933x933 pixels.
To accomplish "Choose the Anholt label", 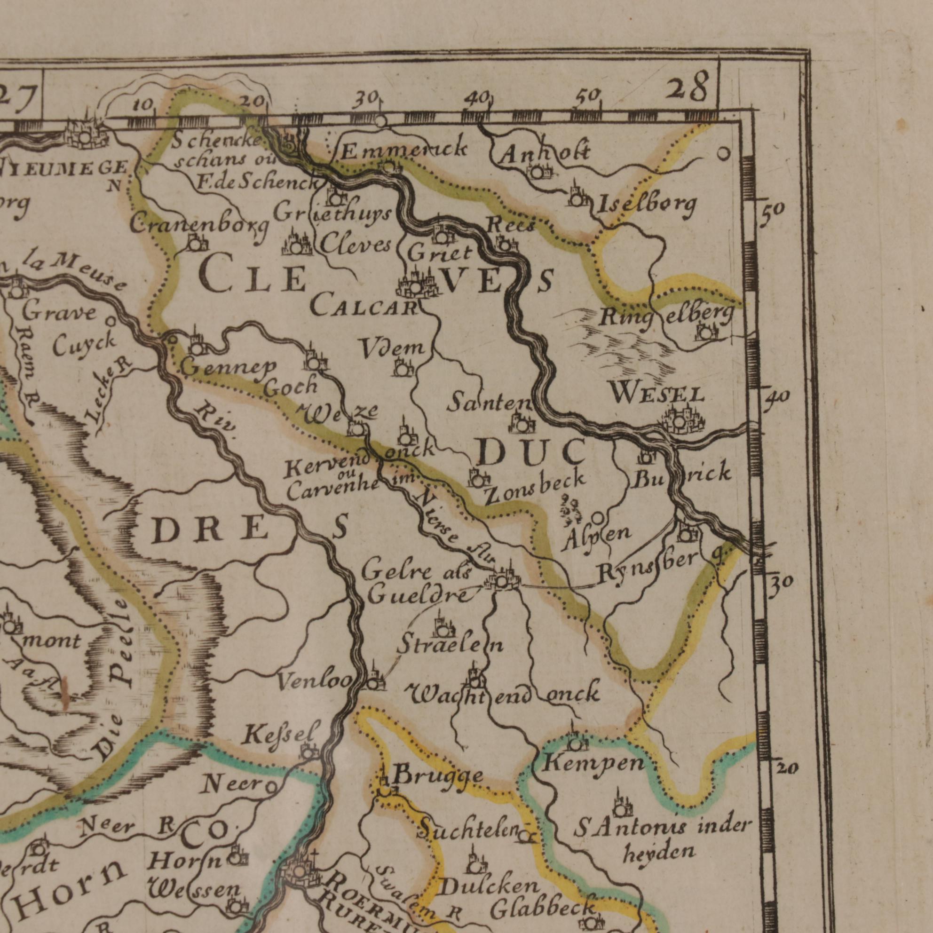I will tap(544, 155).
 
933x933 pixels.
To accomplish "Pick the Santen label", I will tap(488, 403).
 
